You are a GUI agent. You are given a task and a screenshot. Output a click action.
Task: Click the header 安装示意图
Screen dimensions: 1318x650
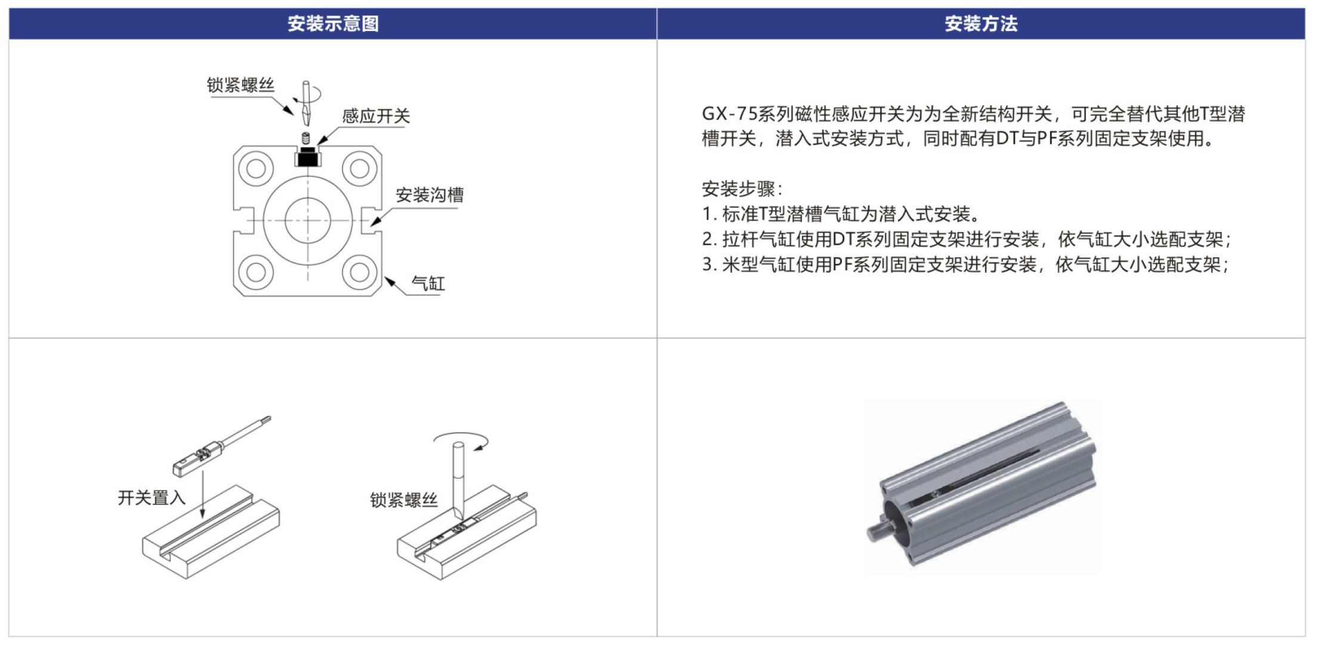point(333,24)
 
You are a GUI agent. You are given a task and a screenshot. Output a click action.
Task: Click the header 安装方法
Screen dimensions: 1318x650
point(981,24)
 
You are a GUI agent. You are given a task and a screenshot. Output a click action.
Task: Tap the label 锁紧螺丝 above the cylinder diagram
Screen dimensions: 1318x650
point(240,85)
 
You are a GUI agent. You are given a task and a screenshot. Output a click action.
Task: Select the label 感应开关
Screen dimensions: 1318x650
point(376,116)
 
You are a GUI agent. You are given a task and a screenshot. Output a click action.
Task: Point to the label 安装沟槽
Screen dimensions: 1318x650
point(430,195)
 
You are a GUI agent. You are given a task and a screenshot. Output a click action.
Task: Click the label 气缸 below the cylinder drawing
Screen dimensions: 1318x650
point(428,284)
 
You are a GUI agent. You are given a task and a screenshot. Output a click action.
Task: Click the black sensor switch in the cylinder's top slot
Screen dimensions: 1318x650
point(308,158)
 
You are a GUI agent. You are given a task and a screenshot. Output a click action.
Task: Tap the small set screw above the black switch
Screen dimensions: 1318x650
point(306,138)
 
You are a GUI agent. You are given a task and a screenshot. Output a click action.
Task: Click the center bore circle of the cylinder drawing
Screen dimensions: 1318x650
point(308,220)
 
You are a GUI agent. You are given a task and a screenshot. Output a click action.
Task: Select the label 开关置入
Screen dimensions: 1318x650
point(152,497)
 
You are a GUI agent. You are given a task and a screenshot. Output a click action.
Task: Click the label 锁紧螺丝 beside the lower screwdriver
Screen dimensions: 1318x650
point(404,500)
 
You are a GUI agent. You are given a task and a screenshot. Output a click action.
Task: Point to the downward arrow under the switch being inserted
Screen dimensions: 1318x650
point(203,495)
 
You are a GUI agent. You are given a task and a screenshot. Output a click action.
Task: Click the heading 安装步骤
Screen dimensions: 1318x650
point(738,189)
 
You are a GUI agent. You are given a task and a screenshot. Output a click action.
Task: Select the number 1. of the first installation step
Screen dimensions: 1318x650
point(709,214)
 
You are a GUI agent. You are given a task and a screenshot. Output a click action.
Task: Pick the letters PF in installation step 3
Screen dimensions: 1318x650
point(842,264)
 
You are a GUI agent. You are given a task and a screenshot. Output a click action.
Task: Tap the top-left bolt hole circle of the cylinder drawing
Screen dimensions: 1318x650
point(256,169)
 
